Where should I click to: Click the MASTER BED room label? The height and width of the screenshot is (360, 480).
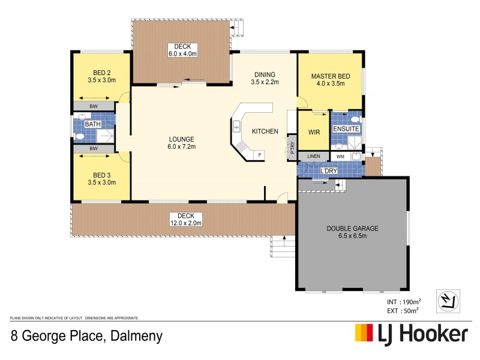331,76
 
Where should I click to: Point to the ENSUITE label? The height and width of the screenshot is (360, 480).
346,128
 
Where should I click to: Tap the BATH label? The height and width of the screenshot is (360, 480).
92,124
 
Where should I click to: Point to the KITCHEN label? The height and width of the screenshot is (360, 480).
265,131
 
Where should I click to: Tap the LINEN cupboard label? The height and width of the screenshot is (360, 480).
314,157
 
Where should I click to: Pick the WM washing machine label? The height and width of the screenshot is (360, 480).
340,157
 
